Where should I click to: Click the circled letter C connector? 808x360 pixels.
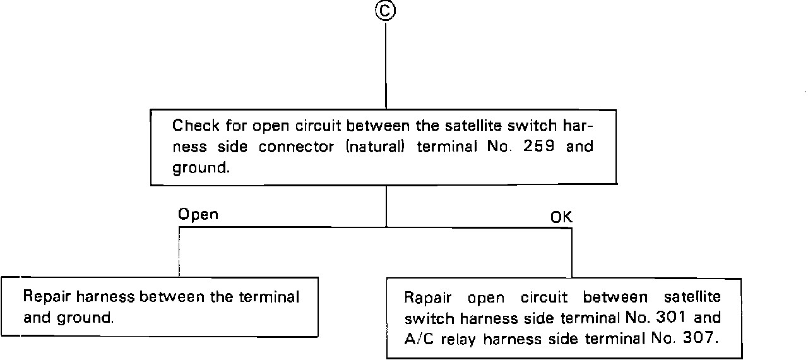(386, 11)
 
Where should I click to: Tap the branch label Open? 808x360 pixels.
(198, 214)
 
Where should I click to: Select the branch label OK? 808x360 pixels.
(561, 217)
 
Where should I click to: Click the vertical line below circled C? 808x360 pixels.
(386, 63)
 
